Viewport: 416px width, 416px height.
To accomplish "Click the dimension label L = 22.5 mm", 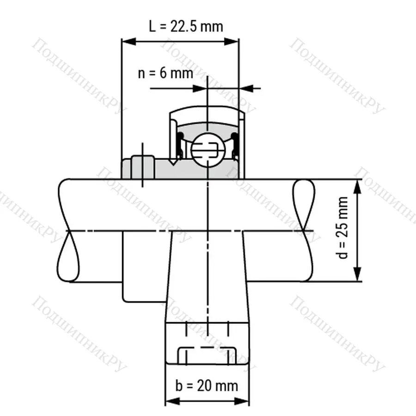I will click(x=185, y=26).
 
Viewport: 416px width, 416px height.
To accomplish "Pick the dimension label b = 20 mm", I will click(x=207, y=385).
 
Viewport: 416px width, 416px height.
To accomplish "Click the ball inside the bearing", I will click(x=208, y=149).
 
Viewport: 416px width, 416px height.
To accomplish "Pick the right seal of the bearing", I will click(x=235, y=146).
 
